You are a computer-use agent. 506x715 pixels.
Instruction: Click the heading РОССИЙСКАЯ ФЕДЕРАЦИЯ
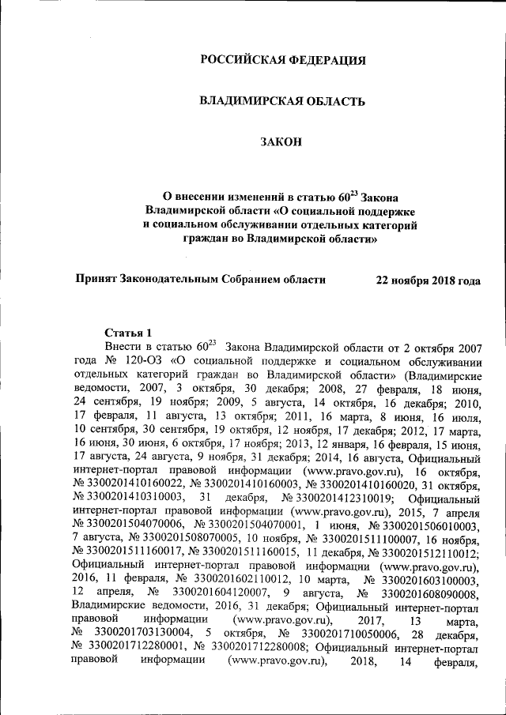[282, 60]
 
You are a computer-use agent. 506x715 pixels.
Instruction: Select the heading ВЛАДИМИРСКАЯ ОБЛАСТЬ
[282, 101]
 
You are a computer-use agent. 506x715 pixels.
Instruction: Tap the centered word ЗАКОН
[281, 142]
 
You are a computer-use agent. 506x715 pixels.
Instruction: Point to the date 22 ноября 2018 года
[428, 280]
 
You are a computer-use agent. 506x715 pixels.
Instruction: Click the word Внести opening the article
[122, 346]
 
